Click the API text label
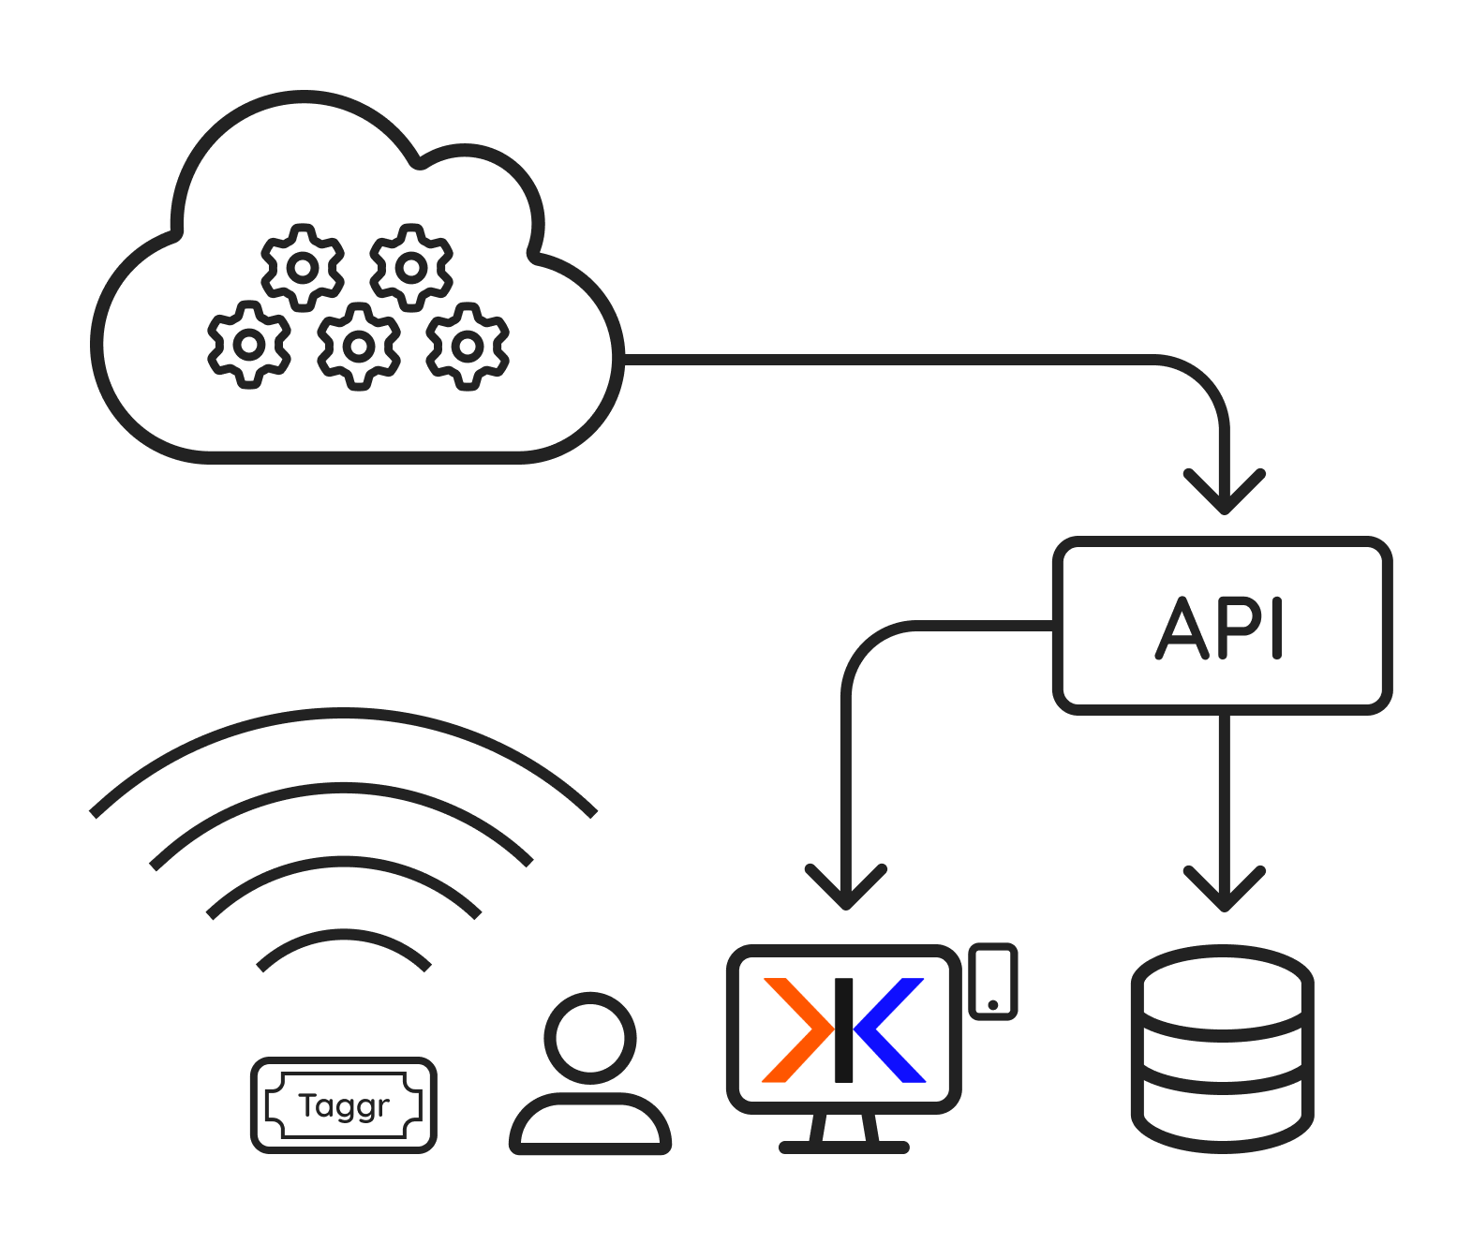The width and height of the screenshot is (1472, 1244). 1220,628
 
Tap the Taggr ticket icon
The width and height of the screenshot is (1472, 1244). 344,1105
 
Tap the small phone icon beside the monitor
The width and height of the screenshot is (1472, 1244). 992,981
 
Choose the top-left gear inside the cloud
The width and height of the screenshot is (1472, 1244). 302,268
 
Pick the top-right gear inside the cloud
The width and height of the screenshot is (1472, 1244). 410,268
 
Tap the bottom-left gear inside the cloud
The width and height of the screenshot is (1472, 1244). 248,345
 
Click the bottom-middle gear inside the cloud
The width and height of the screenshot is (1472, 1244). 358,346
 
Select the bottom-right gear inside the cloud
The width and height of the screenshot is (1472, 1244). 468,346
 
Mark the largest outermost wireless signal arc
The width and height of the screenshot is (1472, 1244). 343,716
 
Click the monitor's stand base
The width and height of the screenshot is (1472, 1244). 843,1147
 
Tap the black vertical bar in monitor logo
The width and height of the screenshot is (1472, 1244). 843,1030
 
